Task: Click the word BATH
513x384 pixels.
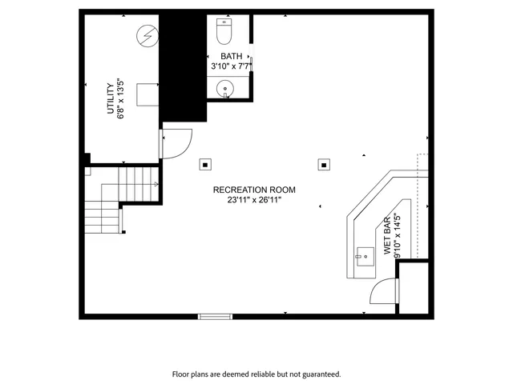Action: tap(231, 56)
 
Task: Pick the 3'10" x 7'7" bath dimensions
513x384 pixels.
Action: tap(231, 66)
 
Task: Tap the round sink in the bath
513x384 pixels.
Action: tap(228, 88)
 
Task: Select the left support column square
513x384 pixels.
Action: tap(206, 165)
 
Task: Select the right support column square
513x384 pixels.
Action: tap(324, 165)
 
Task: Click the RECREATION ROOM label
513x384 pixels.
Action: tap(254, 190)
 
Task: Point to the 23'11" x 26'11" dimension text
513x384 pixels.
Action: tap(254, 200)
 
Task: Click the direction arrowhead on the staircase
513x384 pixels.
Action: tap(156, 184)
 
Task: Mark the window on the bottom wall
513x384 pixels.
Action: tap(215, 317)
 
